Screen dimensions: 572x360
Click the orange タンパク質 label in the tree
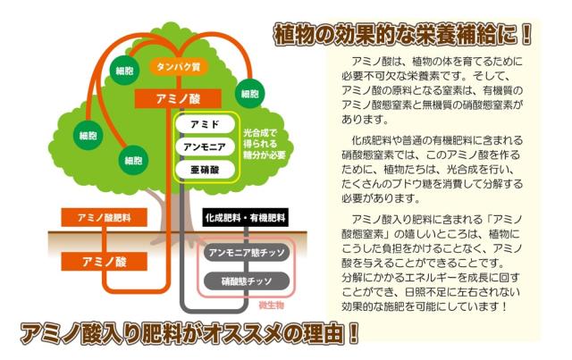[x=179, y=67]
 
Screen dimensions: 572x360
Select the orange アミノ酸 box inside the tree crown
[x=178, y=99]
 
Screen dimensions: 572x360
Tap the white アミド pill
[x=205, y=124]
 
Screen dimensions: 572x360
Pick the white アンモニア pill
[x=205, y=147]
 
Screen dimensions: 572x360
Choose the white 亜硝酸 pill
[x=205, y=170]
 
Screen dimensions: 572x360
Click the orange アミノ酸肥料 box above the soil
[x=105, y=218]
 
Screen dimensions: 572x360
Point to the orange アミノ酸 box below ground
[x=105, y=262]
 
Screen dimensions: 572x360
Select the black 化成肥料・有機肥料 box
[x=245, y=218]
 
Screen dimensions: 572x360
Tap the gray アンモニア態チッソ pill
[x=247, y=253]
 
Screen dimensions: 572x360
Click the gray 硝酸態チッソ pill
[x=247, y=281]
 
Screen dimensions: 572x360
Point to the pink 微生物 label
[x=271, y=306]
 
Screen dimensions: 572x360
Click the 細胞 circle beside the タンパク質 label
[x=124, y=71]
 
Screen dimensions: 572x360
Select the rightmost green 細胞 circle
[x=250, y=94]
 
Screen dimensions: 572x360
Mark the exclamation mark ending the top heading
[x=526, y=34]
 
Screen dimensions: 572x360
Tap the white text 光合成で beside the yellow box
[x=260, y=133]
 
